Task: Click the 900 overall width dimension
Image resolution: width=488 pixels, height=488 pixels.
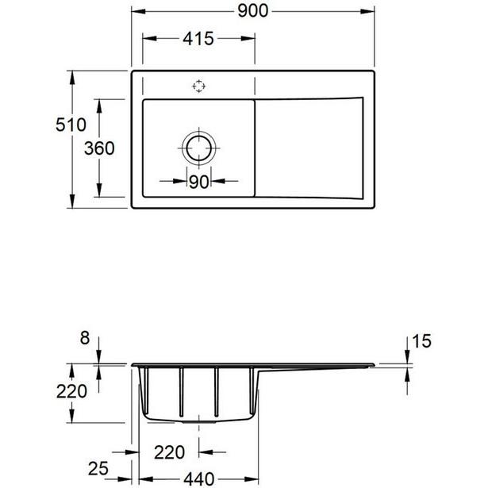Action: coord(252,11)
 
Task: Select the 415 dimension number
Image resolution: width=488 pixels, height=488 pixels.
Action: coord(198,39)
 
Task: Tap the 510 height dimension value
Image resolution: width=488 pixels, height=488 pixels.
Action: coord(71,125)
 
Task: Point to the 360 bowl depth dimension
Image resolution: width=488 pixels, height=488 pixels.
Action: coord(99,148)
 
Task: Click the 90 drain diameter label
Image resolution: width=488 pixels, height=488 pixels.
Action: coord(199,182)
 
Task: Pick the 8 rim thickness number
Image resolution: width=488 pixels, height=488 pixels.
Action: coord(85,338)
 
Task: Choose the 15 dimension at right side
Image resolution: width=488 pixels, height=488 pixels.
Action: coord(421,341)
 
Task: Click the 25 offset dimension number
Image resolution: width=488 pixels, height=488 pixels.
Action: coord(98,468)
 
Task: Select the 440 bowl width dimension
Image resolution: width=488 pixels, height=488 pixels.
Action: coord(199,479)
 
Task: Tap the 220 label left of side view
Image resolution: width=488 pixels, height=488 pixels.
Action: coord(71,391)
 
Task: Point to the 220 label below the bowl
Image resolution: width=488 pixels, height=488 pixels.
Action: coord(169,452)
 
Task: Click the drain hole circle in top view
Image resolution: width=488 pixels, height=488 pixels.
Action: coord(199,148)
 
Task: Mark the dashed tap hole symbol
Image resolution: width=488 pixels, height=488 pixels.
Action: coord(199,86)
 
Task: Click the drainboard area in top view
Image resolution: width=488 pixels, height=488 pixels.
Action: coord(309,148)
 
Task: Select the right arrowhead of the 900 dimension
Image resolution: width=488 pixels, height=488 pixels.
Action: coord(367,12)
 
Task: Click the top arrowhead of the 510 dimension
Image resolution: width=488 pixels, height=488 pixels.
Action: coord(72,78)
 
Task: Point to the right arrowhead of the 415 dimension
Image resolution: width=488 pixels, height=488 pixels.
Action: coord(248,39)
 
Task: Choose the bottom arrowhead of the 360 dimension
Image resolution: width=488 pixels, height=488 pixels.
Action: coord(99,190)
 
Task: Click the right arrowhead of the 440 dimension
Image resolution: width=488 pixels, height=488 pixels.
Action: coord(252,479)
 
